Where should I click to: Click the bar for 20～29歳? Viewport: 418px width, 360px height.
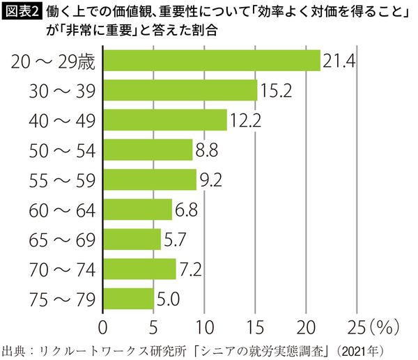212,61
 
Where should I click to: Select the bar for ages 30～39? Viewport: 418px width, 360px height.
180,91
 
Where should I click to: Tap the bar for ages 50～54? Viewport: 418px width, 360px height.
148,150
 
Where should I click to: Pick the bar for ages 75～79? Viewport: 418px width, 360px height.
128,299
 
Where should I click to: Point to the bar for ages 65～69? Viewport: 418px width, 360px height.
132,240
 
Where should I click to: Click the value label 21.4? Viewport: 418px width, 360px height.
339,61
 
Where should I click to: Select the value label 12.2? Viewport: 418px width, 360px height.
245,120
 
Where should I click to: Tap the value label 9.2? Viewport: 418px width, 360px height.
210,180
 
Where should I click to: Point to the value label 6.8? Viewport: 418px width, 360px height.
186,210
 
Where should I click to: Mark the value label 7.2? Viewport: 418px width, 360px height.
190,269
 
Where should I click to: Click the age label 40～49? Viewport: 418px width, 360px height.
61,120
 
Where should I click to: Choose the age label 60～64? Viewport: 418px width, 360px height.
61,210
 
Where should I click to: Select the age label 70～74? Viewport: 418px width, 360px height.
61,269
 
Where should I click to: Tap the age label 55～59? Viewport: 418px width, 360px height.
61,180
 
